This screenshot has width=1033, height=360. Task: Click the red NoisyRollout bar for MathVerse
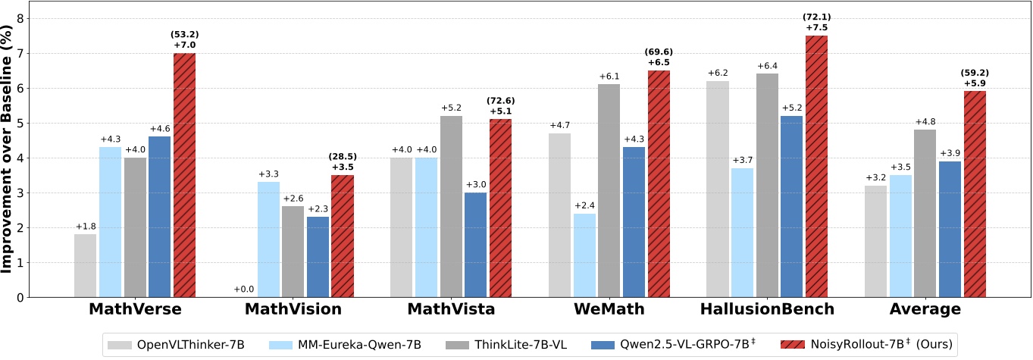click(x=184, y=175)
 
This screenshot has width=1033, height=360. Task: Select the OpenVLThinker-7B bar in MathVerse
click(x=86, y=265)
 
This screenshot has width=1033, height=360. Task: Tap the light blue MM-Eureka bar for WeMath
click(x=584, y=255)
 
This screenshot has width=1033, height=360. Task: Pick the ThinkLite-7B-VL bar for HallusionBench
click(x=767, y=186)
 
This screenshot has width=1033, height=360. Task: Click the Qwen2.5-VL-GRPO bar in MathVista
click(x=475, y=245)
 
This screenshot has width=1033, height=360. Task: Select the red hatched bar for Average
click(x=975, y=194)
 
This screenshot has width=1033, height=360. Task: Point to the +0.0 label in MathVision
click(x=244, y=290)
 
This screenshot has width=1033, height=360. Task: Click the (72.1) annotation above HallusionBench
click(x=816, y=17)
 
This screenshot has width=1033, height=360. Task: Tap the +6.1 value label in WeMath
click(x=609, y=77)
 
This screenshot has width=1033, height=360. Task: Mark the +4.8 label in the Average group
click(x=925, y=122)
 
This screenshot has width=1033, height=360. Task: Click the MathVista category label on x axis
click(x=451, y=309)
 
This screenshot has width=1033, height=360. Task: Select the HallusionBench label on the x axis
click(x=767, y=309)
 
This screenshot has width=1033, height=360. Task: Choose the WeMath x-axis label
click(x=609, y=309)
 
